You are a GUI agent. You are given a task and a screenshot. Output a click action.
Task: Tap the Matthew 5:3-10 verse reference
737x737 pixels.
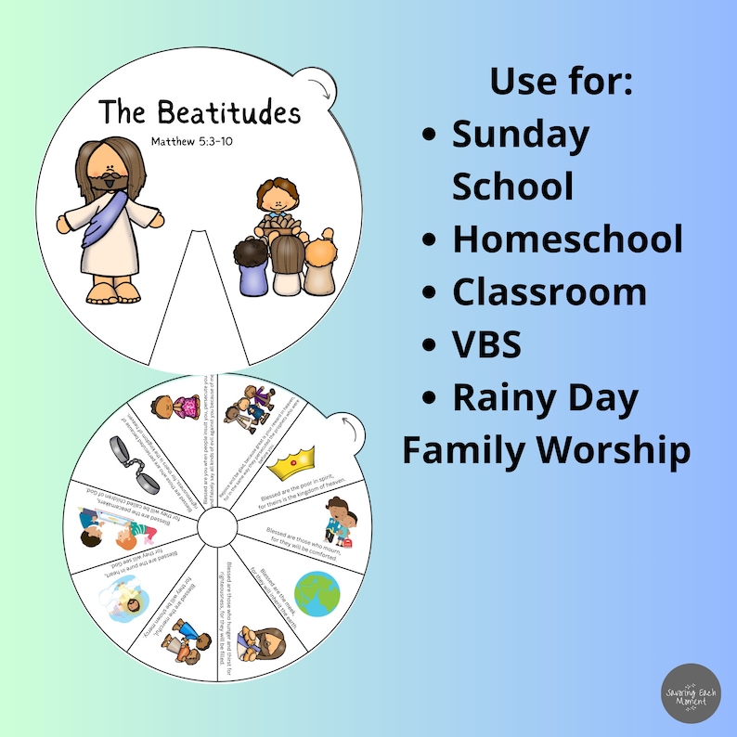(x=200, y=142)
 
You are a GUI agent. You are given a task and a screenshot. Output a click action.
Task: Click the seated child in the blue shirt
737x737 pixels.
(x=248, y=269)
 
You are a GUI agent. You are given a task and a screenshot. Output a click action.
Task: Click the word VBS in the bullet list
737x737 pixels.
(x=486, y=344)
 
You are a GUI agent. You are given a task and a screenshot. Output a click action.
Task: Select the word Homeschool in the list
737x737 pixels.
(x=567, y=239)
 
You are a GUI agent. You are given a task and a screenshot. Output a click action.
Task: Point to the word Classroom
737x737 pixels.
(x=550, y=291)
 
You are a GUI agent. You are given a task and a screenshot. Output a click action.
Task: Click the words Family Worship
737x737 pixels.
(x=546, y=451)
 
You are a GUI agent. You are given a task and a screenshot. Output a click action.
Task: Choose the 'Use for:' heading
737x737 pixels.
(x=562, y=82)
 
